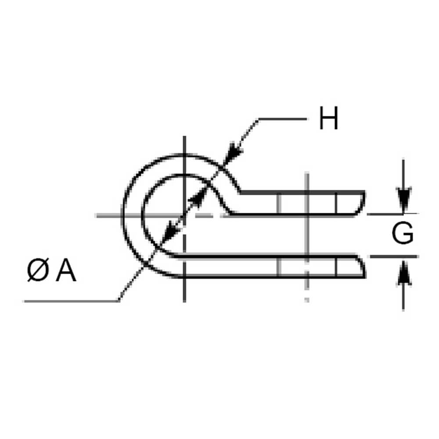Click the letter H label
pos(328,119)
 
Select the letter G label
pos(402,234)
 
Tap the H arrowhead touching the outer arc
pos(235,151)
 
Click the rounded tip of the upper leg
pos(363,203)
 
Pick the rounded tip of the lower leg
pos(363,266)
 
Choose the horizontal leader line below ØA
pos(70,301)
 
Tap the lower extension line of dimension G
pos(393,256)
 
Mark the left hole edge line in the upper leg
pos(278,203)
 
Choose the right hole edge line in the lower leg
pos(336,266)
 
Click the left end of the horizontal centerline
pos(97,215)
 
